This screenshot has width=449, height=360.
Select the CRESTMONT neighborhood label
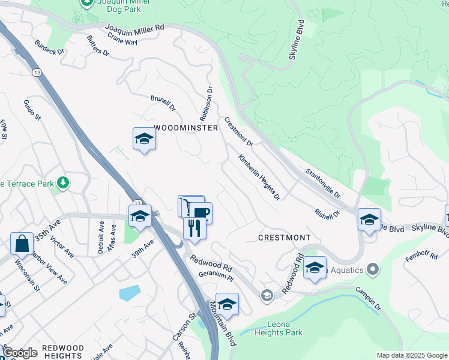(285, 238)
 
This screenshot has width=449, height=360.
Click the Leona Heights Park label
(279, 329)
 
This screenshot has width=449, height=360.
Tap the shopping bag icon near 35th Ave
(22, 244)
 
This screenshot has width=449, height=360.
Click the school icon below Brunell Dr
(144, 139)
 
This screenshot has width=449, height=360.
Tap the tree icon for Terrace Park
(61, 183)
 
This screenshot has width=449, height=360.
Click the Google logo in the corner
(19, 353)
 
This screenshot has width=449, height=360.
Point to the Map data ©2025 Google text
(412, 355)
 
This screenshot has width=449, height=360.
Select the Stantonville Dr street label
(323, 184)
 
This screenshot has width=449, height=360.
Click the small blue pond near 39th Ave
(130, 293)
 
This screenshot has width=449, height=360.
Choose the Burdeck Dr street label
(49, 47)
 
